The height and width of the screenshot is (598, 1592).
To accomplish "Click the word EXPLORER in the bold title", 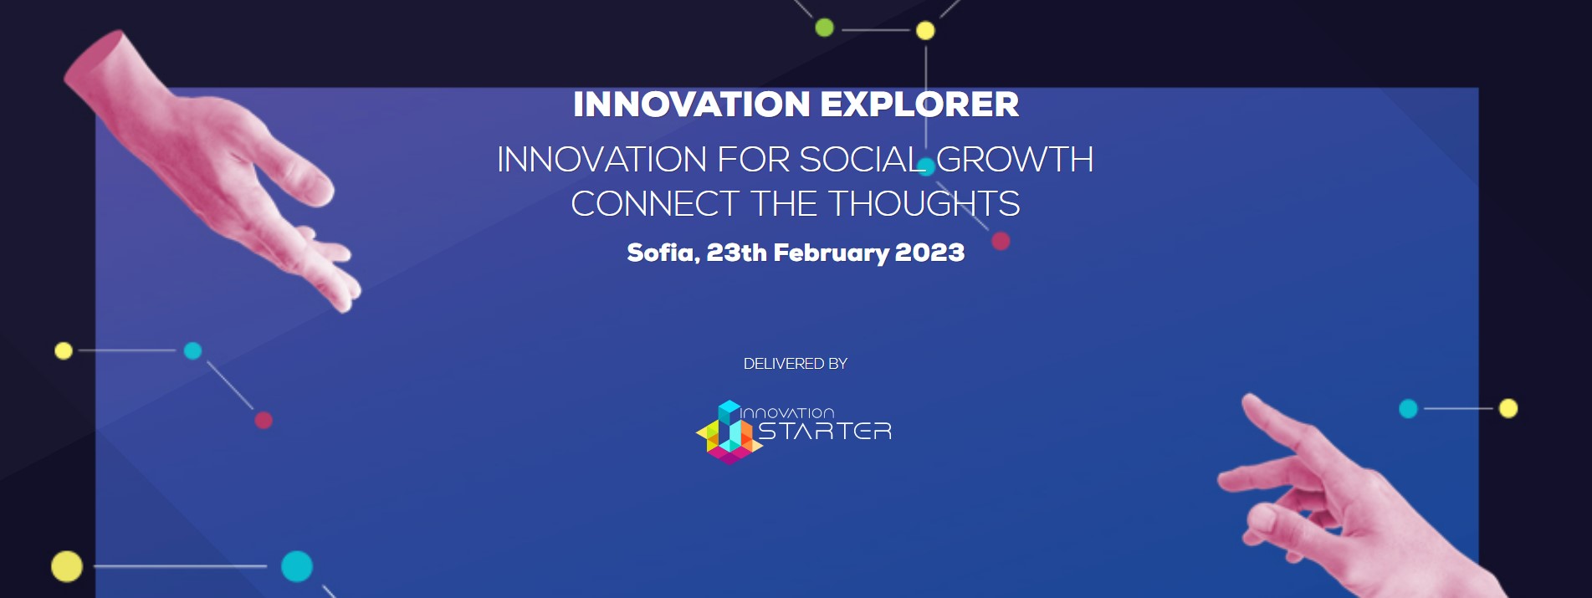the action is (x=919, y=105).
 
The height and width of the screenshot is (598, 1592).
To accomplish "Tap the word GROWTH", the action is (x=1015, y=160).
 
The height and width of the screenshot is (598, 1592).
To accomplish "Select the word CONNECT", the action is (x=655, y=204).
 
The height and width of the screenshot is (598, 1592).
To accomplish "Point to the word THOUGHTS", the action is (x=924, y=204).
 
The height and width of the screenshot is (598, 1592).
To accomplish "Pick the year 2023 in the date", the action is (x=929, y=253).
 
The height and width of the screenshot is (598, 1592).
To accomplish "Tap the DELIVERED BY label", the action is (x=796, y=364).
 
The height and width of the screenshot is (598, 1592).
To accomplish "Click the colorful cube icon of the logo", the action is (x=729, y=432).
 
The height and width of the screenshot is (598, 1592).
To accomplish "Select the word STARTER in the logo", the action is (x=825, y=431).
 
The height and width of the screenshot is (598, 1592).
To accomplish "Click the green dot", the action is (x=825, y=28).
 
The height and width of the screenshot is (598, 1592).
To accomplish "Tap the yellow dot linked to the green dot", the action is (x=925, y=31).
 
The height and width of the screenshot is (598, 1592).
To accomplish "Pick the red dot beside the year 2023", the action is (x=1001, y=241).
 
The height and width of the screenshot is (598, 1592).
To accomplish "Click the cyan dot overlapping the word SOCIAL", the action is (x=926, y=166).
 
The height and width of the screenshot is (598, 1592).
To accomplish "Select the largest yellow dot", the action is (x=67, y=566).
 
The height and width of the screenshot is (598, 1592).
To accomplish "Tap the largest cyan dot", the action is (x=297, y=566).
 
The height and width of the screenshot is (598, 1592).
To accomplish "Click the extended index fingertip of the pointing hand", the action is (x=1246, y=400).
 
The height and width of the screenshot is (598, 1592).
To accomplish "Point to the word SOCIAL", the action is (x=863, y=160).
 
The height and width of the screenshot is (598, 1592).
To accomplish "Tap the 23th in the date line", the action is (x=736, y=253).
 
